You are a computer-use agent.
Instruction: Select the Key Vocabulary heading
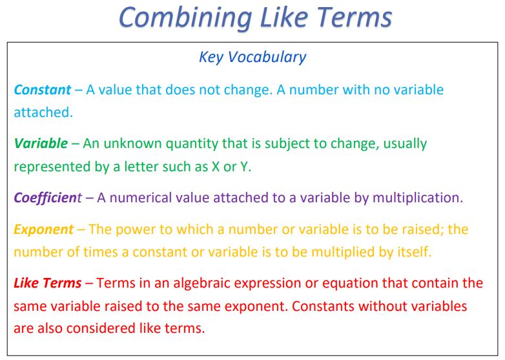coord(252,57)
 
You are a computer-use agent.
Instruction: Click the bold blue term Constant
coord(43,89)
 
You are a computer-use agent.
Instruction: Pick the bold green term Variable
coord(40,143)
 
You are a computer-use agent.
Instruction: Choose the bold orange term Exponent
coord(44,229)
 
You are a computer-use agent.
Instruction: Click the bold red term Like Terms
coord(48,282)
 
